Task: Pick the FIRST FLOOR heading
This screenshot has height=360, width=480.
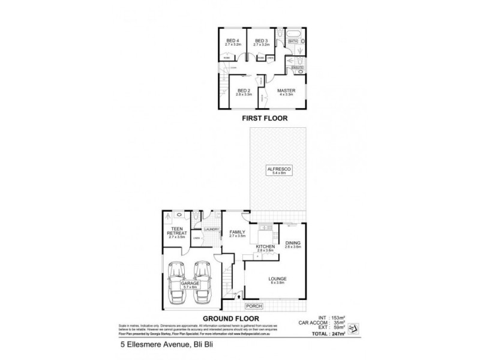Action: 265,119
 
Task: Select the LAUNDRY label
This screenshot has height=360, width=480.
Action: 211,229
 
